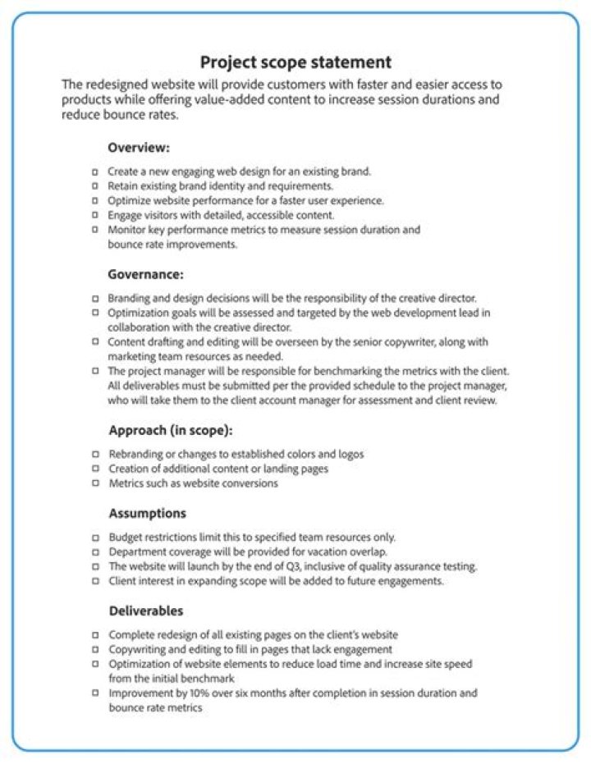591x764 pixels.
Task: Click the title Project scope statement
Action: [x=295, y=62]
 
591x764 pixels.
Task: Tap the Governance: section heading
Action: [x=145, y=274]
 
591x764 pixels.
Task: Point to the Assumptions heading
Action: [x=148, y=513]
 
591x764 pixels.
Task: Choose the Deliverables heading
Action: [x=146, y=611]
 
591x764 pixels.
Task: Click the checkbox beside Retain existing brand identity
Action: [x=96, y=186]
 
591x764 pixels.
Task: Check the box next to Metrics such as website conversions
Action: [x=96, y=483]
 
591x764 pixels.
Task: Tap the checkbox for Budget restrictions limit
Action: [x=96, y=538]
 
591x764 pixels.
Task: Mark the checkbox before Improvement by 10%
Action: [x=96, y=693]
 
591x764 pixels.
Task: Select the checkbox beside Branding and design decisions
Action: [x=96, y=298]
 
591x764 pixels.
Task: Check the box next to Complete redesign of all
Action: [x=96, y=635]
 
